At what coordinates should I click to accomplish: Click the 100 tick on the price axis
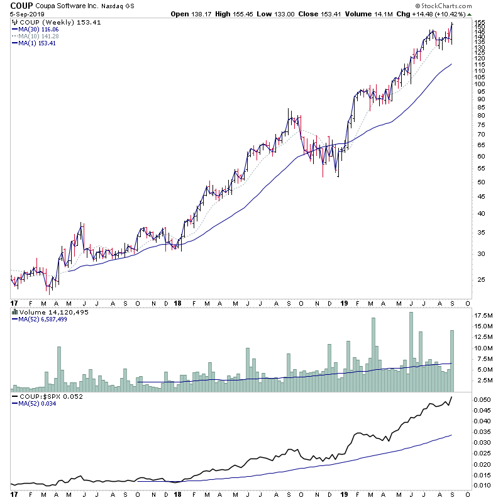click(x=480, y=84)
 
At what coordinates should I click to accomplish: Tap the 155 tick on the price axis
click(x=480, y=23)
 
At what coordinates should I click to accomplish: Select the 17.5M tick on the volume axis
click(x=483, y=314)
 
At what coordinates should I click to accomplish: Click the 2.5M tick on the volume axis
click(x=481, y=381)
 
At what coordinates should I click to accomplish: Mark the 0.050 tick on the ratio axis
click(x=482, y=399)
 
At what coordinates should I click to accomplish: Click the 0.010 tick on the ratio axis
click(x=482, y=486)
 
